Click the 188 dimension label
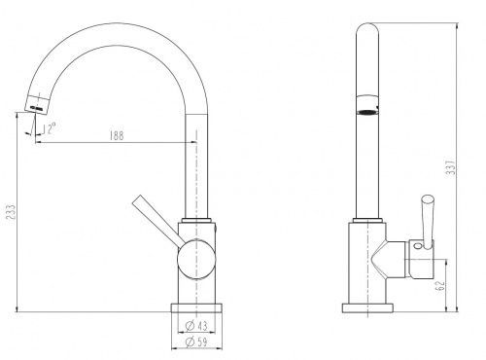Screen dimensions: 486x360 [x=117, y=135]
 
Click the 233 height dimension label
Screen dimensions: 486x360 [x=11, y=212]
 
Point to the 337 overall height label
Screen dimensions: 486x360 [x=451, y=167]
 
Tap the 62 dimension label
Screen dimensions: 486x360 [x=440, y=286]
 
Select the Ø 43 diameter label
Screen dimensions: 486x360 [x=196, y=325]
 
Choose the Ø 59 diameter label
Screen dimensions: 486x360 [x=196, y=342]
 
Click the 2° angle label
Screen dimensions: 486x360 [x=52, y=128]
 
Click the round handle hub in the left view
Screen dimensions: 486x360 [x=196, y=259]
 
